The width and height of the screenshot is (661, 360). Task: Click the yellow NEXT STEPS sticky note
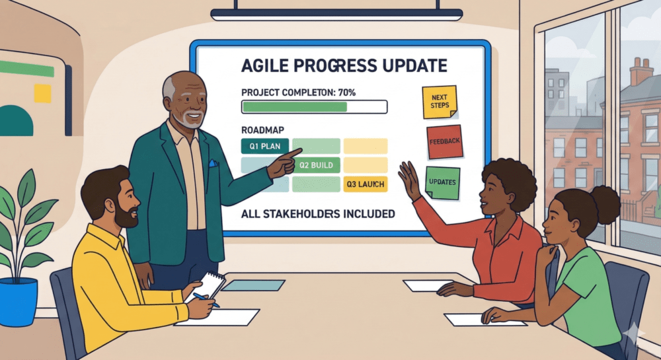(x=440, y=102)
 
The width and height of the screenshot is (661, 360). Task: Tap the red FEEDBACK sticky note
(x=445, y=142)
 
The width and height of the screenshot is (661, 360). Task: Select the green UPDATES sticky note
(x=442, y=183)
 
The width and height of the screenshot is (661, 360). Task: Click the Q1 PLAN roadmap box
(x=265, y=146)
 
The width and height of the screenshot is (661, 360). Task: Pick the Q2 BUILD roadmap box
(x=316, y=165)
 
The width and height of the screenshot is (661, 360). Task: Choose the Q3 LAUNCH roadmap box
(x=365, y=184)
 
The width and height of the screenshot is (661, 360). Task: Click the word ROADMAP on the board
(x=262, y=129)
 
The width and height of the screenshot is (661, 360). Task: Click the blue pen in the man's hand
(x=206, y=300)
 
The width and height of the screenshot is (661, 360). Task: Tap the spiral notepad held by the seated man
(x=206, y=286)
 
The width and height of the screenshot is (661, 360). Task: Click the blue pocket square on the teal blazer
(x=214, y=163)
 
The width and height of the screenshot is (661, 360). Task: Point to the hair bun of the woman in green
(x=605, y=204)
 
